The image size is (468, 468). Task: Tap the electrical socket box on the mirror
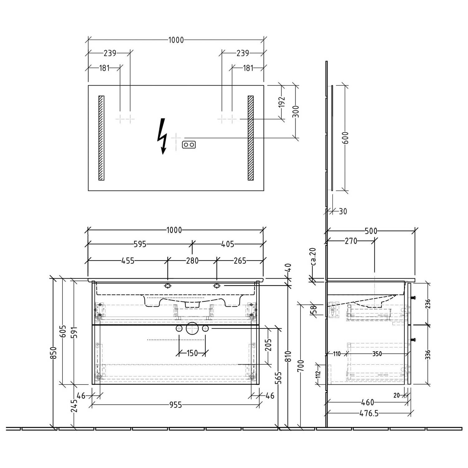click(189, 144)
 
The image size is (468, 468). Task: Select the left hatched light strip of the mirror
click(101, 138)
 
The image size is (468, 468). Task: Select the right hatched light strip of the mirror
click(251, 138)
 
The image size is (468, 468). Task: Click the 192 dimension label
click(281, 102)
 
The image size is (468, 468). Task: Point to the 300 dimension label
click(296, 111)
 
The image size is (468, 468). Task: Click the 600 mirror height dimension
click(345, 138)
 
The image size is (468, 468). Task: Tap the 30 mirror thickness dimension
click(343, 211)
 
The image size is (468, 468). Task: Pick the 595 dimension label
click(140, 244)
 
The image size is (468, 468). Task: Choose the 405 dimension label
click(228, 244)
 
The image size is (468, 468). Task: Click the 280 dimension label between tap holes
click(192, 261)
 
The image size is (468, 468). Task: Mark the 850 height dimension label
click(54, 353)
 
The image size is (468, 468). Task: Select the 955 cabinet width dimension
click(175, 405)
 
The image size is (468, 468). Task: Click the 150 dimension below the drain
click(192, 353)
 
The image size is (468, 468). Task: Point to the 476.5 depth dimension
click(369, 413)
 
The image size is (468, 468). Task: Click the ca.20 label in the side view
click(314, 256)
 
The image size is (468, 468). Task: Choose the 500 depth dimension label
click(371, 231)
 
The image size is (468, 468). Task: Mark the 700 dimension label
click(300, 366)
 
